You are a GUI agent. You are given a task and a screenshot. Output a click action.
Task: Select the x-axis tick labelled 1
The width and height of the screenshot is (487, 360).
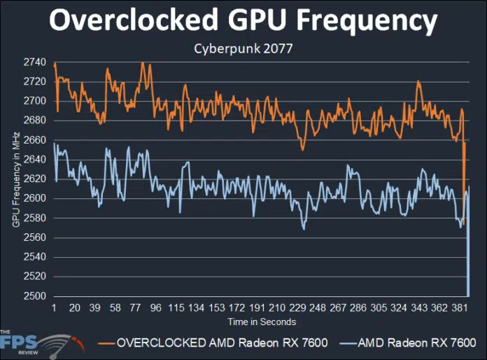click(x=54, y=308)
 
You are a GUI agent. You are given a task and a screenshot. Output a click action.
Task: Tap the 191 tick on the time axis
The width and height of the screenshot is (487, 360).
click(x=257, y=308)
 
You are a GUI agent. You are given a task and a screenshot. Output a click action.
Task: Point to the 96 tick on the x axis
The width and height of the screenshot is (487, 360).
click(x=155, y=308)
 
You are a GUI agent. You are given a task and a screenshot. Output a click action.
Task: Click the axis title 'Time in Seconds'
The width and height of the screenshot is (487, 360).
click(x=261, y=322)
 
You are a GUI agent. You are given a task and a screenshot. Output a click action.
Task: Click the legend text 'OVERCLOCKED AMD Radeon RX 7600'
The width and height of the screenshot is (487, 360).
click(x=223, y=344)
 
